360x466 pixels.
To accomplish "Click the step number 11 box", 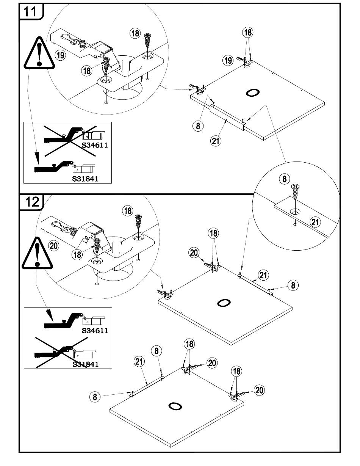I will tap(31, 12).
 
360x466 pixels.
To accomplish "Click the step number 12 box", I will tap(31, 201).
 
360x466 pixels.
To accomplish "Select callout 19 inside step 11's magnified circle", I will tap(60, 55).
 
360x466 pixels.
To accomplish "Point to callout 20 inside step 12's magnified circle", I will tap(54, 246).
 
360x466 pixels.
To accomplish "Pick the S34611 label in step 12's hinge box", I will tap(95, 330).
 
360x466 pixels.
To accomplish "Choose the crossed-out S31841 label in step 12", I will tap(85, 364).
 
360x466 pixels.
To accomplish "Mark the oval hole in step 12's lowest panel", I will tap(175, 406).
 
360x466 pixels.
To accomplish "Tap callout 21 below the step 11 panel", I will tap(216, 140).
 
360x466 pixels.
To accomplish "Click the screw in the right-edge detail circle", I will tap(295, 193).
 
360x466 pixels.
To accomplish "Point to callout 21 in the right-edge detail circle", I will tap(315, 222).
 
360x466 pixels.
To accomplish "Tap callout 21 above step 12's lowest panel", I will tap(140, 362).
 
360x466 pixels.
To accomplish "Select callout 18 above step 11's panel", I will tap(248, 33).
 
